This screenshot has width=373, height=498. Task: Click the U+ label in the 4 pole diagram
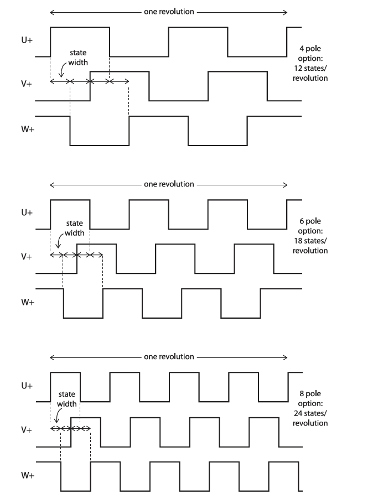click(27, 40)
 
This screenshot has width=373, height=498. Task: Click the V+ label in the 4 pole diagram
click(27, 84)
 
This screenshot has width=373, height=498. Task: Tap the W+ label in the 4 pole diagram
click(28, 129)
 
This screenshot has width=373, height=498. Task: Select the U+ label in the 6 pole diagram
click(27, 213)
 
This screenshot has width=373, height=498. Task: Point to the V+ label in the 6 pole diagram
click(27, 257)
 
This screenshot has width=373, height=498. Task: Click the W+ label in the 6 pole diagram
click(28, 302)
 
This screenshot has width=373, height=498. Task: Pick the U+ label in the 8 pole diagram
click(27, 386)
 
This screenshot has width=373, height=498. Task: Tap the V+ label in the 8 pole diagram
click(27, 430)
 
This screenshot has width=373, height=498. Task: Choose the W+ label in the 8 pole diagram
click(28, 475)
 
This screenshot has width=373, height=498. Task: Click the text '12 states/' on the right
click(310, 68)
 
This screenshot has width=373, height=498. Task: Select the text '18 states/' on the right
click(310, 241)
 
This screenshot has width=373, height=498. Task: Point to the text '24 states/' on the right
click(310, 413)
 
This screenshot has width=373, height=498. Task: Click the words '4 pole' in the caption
click(310, 49)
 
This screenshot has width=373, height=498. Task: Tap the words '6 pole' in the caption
click(310, 221)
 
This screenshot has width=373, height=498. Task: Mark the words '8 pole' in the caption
click(310, 394)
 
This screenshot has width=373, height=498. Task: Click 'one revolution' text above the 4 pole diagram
click(169, 12)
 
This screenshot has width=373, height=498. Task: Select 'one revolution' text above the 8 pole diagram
click(169, 357)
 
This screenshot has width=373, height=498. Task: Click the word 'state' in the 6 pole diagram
click(75, 224)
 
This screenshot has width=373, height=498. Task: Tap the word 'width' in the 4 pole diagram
click(78, 62)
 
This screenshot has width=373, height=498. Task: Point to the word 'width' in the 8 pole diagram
click(67, 404)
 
